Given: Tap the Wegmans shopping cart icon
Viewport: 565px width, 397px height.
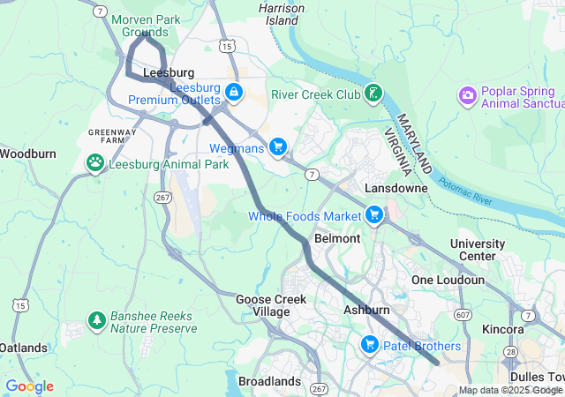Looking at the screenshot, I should [278, 147].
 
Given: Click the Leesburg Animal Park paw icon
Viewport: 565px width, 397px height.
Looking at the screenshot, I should [94, 163].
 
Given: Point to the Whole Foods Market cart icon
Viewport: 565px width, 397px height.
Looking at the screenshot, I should [374, 215].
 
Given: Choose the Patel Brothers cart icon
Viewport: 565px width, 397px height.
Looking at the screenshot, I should [370, 345].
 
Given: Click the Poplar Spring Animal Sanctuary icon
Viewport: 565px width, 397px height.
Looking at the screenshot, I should [468, 94].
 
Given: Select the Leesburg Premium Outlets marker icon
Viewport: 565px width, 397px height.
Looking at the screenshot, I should [234, 92].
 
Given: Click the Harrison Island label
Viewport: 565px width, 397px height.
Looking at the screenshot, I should [282, 13].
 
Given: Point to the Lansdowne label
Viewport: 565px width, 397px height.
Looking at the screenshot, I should [396, 188].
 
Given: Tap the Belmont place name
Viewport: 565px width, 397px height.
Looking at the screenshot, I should [337, 238].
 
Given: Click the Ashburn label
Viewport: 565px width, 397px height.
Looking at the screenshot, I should [366, 311].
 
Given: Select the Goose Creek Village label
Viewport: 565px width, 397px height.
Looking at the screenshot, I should [270, 305].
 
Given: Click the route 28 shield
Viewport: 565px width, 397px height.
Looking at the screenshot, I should [510, 351].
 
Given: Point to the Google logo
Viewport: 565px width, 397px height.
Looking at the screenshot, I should [29, 386].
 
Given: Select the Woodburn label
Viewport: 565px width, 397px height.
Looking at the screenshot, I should [27, 154].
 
